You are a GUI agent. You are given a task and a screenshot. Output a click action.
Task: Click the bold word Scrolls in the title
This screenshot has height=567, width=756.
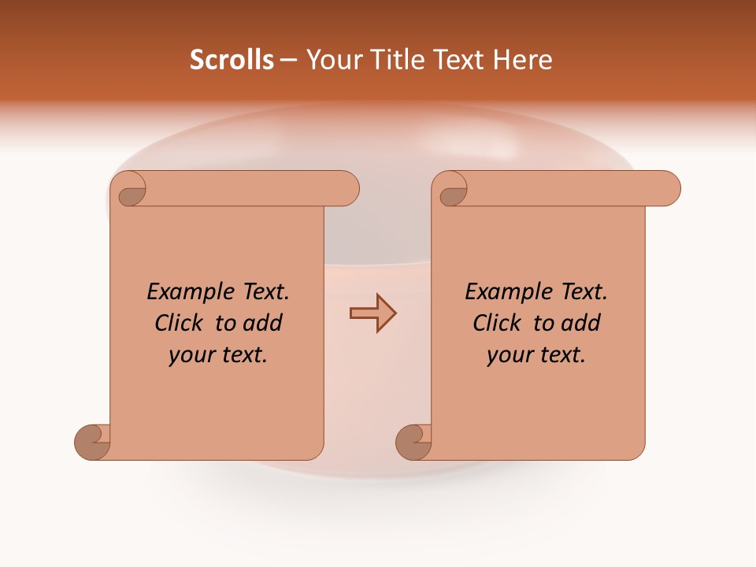[232, 60]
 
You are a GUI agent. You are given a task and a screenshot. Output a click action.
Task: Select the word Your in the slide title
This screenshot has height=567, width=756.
[332, 60]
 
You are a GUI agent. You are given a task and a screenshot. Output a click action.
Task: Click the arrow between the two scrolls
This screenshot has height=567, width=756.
[372, 313]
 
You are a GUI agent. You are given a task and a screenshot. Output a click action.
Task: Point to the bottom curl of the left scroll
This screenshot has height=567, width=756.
[93, 442]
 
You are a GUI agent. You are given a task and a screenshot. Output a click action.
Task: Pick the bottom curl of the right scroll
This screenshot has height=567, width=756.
[413, 442]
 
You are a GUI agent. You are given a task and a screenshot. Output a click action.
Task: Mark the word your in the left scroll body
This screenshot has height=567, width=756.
[191, 355]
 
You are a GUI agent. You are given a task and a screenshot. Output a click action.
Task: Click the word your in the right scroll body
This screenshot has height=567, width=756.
[509, 355]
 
